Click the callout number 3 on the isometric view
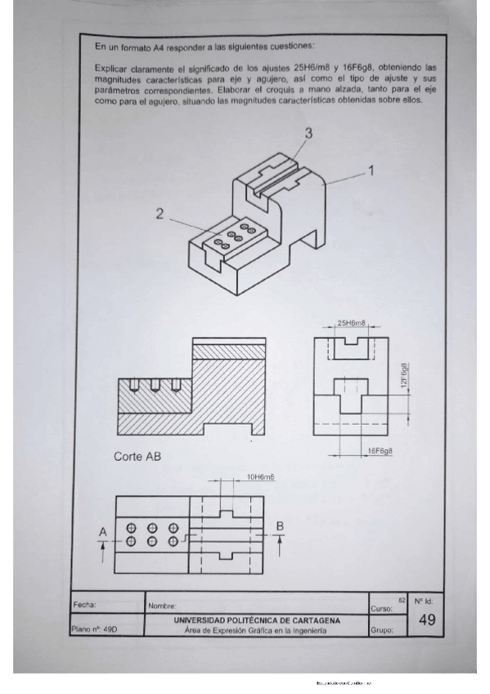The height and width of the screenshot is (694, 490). (x=308, y=133)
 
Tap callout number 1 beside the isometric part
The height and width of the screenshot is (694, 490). (x=370, y=171)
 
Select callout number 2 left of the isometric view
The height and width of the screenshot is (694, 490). (x=160, y=214)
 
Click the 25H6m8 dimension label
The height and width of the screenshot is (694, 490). (x=352, y=323)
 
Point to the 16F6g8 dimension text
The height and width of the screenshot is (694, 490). (x=379, y=451)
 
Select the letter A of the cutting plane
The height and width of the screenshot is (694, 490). (x=103, y=533)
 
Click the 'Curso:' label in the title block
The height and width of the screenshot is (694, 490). (x=381, y=609)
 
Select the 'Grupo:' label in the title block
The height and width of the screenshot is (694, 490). (x=382, y=631)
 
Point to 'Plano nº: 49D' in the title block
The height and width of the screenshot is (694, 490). (x=96, y=630)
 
